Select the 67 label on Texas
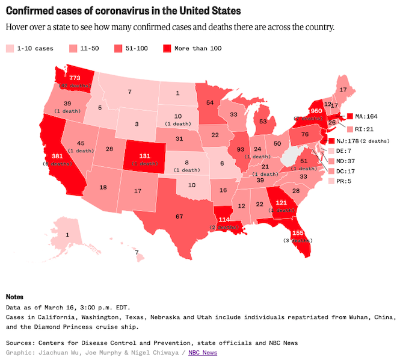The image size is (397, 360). [x=179, y=216]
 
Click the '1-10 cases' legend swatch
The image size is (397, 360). [x=10, y=48]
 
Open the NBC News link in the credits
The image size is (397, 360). [x=203, y=352]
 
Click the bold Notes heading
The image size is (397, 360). [x=14, y=297]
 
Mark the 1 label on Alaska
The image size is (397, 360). [x=67, y=234]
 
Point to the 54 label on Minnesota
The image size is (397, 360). [x=210, y=103]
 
